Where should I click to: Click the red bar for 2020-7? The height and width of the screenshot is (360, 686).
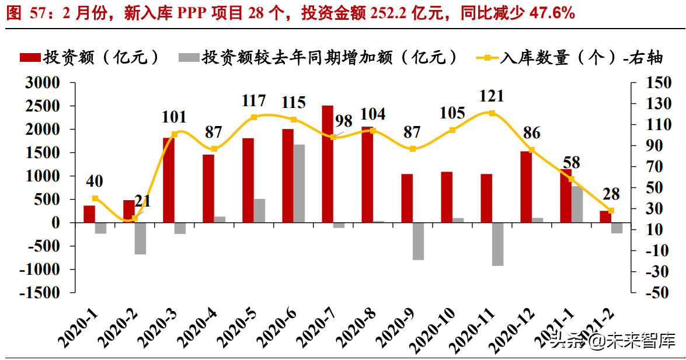click(x=328, y=164)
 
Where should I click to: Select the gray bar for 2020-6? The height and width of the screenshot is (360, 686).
click(x=299, y=183)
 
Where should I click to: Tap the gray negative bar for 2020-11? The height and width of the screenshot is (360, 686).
click(x=497, y=244)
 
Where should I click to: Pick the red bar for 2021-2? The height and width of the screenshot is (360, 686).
click(x=605, y=216)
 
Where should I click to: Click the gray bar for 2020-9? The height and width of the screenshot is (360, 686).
click(x=418, y=241)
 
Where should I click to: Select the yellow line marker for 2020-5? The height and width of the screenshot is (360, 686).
click(x=254, y=117)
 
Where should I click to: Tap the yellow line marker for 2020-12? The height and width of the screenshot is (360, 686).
click(x=531, y=150)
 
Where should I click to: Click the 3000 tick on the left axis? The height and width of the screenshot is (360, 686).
click(x=43, y=83)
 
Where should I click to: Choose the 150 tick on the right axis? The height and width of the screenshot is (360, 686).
click(x=659, y=83)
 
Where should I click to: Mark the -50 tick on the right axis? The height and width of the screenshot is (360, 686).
click(x=659, y=293)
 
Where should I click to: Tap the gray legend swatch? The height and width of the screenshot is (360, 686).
click(x=188, y=57)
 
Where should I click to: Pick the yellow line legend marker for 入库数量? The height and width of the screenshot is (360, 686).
click(x=486, y=57)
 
